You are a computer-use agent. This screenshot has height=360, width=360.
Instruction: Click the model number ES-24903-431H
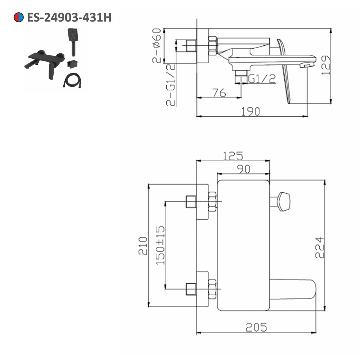coord(69,17)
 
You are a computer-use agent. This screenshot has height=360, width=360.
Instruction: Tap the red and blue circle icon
coord(19,17)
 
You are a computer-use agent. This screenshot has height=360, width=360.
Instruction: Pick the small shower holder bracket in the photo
coord(72,64)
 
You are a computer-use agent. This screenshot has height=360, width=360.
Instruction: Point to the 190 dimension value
coord(251,112)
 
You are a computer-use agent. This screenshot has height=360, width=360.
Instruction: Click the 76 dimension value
coord(219,93)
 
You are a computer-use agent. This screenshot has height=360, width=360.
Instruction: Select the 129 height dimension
coord(326,65)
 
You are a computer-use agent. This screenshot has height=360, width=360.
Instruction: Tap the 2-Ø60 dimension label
coord(157,45)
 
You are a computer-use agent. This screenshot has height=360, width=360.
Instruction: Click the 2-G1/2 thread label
coord(171,85)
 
